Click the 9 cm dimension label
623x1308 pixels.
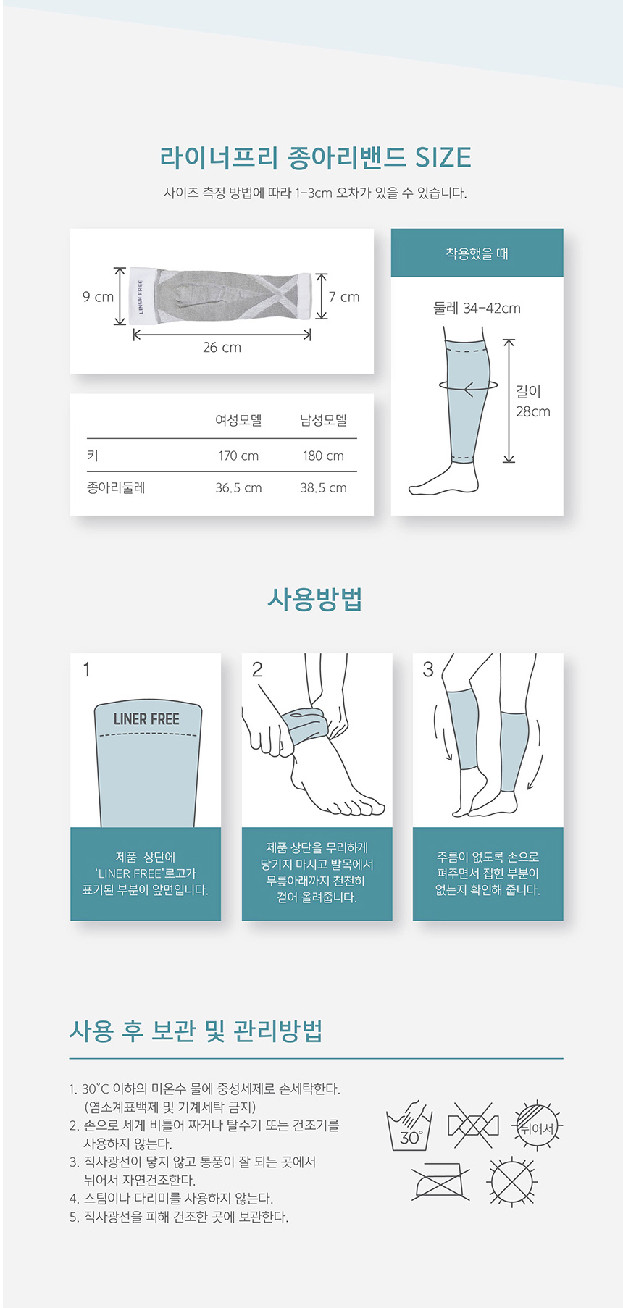tap(98, 297)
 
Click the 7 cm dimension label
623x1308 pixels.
tap(344, 297)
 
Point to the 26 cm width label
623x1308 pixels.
tap(222, 348)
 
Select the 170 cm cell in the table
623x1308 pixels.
tap(238, 456)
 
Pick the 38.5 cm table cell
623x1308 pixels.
tap(323, 488)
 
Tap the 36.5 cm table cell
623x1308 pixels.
tap(238, 488)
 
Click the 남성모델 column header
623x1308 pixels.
tap(323, 420)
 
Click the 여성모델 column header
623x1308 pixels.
tap(238, 420)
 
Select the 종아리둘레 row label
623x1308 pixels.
tap(116, 487)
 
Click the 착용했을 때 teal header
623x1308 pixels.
tap(477, 253)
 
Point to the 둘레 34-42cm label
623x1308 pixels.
tap(477, 309)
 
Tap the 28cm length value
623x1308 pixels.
tap(533, 412)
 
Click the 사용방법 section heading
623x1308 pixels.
tap(314, 599)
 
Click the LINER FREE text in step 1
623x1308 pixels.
tap(146, 719)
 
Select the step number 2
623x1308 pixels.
tap(257, 670)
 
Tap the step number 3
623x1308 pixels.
tap(428, 670)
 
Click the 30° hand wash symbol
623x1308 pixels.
tap(410, 1126)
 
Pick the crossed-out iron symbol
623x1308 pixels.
tap(440, 1181)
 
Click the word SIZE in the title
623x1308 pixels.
tap(443, 158)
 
